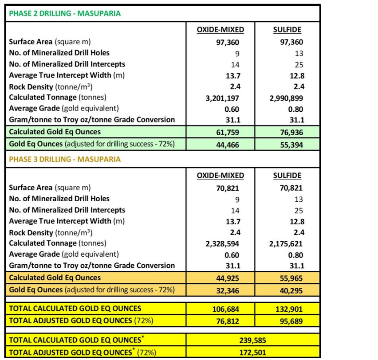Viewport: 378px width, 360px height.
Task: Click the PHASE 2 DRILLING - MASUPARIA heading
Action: pyautogui.click(x=65, y=13)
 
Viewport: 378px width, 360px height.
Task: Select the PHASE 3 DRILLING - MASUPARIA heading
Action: pyautogui.click(x=65, y=159)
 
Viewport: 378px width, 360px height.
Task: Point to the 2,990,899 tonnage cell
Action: pyautogui.click(x=286, y=98)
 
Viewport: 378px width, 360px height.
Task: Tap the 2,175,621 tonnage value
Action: pyautogui.click(x=286, y=243)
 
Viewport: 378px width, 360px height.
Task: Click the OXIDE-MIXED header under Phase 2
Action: pyautogui.click(x=220, y=30)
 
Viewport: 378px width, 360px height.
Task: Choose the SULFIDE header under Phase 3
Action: pyautogui.click(x=287, y=175)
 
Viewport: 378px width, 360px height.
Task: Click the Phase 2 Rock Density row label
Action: pyautogui.click(x=53, y=87)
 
